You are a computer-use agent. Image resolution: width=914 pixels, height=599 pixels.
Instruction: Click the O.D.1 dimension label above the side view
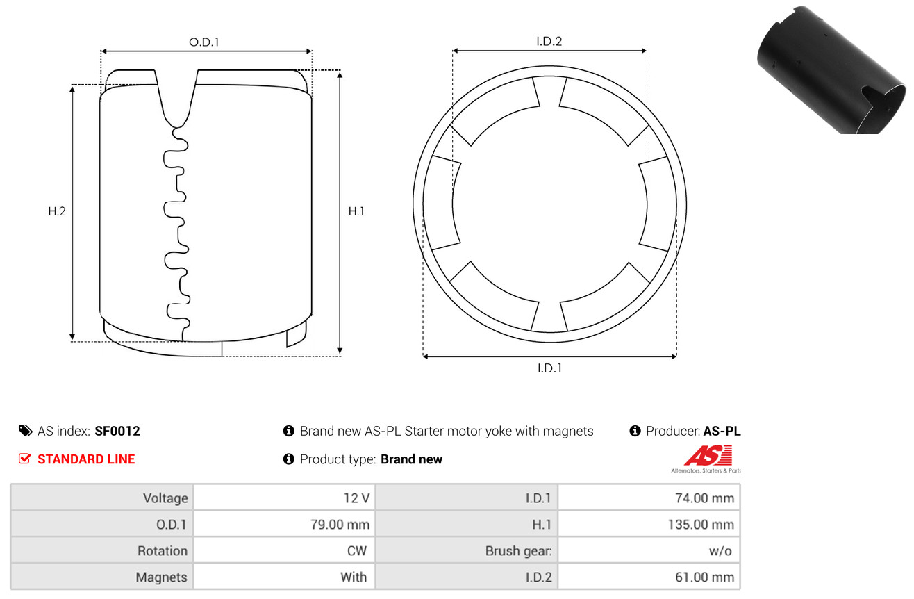click(x=204, y=42)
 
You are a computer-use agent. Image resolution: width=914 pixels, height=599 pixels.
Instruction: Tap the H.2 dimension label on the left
click(x=57, y=211)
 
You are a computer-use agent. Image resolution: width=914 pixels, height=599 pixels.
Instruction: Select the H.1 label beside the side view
click(x=356, y=211)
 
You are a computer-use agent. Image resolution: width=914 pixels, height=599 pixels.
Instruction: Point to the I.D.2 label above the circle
click(x=549, y=41)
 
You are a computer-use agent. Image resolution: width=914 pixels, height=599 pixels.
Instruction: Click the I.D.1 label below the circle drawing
click(x=549, y=368)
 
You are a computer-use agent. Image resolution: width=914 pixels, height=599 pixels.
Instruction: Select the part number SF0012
click(x=117, y=431)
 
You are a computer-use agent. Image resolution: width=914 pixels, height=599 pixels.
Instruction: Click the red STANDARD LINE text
click(x=86, y=459)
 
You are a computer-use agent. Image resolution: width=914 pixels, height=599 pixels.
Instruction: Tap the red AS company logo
click(x=708, y=457)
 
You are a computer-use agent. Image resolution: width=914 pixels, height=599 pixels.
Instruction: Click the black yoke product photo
click(x=831, y=69)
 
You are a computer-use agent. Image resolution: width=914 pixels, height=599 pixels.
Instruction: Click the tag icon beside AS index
click(x=25, y=431)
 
